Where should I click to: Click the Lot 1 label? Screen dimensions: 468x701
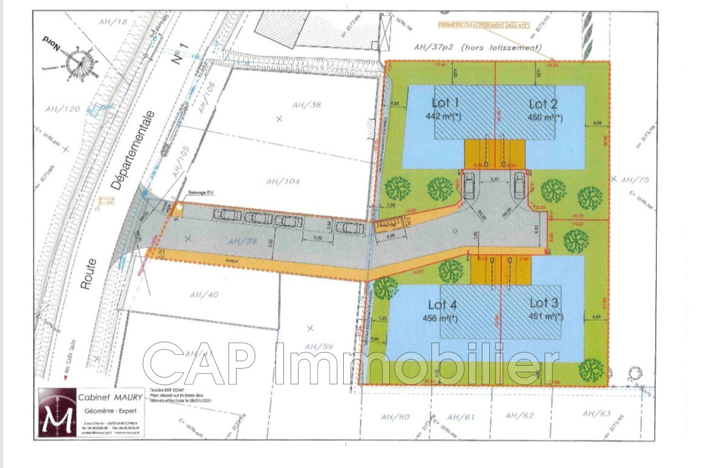pyautogui.click(x=445, y=102)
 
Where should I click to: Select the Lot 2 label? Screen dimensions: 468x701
pyautogui.click(x=543, y=103)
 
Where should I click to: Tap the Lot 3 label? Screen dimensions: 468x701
pyautogui.click(x=544, y=302)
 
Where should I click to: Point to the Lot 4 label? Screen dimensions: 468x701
pyautogui.click(x=443, y=305)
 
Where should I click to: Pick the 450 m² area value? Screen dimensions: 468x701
pyautogui.click(x=545, y=117)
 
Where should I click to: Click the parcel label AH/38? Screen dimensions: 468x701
pyautogui.click(x=307, y=104)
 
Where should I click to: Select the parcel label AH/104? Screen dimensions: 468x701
pyautogui.click(x=283, y=181)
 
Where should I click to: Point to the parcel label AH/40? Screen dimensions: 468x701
pyautogui.click(x=204, y=294)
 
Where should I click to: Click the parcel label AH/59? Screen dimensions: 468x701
pyautogui.click(x=318, y=346)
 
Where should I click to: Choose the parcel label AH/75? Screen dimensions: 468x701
pyautogui.click(x=635, y=180)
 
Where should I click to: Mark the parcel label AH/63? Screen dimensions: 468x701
pyautogui.click(x=596, y=414)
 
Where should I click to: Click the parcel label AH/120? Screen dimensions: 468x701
pyautogui.click(x=62, y=109)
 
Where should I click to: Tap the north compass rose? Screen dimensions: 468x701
pyautogui.click(x=79, y=62)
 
